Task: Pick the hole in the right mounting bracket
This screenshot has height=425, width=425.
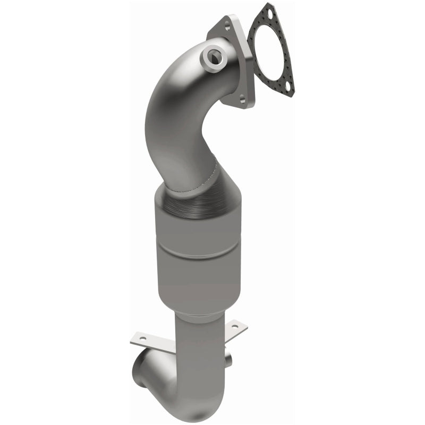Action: point(242,325)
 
